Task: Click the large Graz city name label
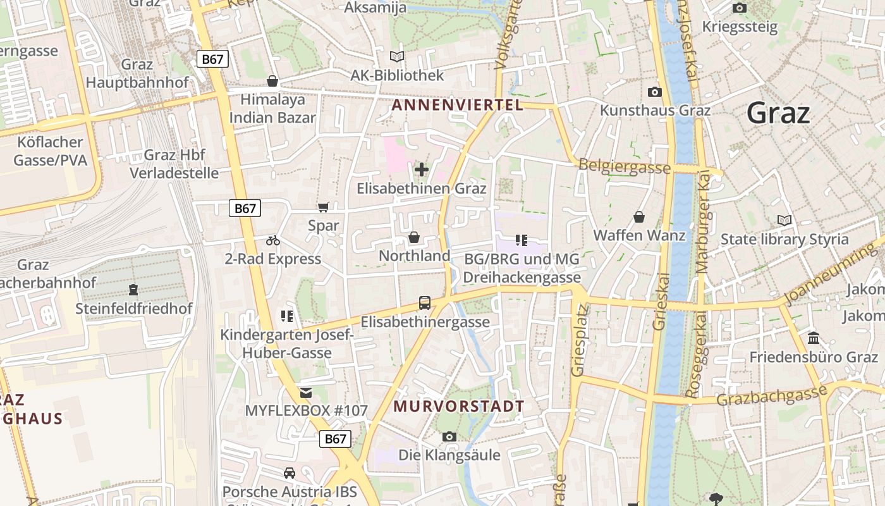[x=778, y=113]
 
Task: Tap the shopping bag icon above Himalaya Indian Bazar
[x=272, y=81]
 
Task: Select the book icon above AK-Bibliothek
[x=397, y=57]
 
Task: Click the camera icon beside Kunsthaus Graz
[x=655, y=92]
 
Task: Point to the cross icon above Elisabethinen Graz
[x=422, y=170]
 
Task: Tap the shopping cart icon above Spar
[x=324, y=207]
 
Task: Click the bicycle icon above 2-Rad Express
[x=273, y=240]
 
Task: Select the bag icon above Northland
[x=414, y=237]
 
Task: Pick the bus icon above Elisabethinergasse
[x=425, y=303]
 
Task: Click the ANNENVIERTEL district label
[x=458, y=105]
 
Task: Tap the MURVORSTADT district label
[x=459, y=407]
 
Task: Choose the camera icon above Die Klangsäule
[x=449, y=436]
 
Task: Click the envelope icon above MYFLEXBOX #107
[x=306, y=392]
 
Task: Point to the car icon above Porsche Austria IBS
[x=290, y=473]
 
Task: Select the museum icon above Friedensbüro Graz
[x=814, y=338]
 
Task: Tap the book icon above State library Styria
[x=784, y=220]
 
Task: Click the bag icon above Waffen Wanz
[x=639, y=217]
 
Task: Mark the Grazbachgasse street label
[x=771, y=397]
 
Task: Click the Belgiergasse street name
[x=625, y=166]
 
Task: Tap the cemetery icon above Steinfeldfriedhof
[x=133, y=290]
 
